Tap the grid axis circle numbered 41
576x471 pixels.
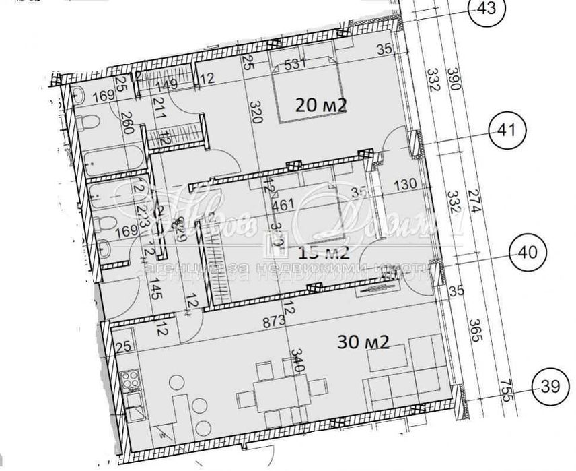point(509,131)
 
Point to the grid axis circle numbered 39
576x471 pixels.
point(550,386)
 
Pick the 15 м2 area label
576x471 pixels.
point(324,253)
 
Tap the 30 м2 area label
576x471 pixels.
point(364,342)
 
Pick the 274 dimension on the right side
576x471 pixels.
point(474,210)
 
